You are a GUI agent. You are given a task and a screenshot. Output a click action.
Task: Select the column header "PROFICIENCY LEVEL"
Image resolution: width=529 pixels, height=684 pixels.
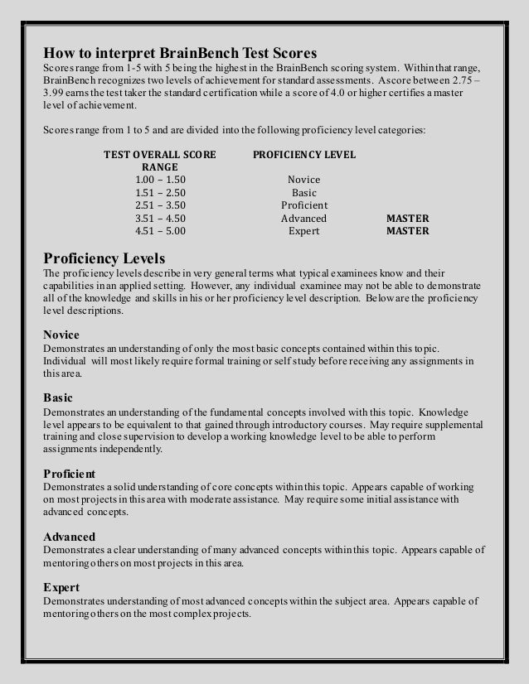tap(303, 155)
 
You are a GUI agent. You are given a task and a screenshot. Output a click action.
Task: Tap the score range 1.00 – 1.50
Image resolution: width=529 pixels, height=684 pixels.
tap(160, 180)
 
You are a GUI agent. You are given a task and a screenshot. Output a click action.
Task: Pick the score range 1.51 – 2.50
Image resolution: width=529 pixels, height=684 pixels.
tap(160, 193)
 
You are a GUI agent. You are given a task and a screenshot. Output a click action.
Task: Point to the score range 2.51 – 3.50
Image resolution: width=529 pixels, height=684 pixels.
tap(160, 206)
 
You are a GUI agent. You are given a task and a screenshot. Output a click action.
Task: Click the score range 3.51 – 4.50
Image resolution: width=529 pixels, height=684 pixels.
tap(160, 219)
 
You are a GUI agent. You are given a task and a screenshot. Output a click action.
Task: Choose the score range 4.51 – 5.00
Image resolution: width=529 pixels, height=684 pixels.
tap(160, 232)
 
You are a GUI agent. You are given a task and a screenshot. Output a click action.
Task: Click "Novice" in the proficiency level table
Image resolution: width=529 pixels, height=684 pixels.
tap(303, 180)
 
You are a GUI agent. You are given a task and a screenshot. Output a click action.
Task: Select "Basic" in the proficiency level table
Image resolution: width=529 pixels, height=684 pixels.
tap(303, 193)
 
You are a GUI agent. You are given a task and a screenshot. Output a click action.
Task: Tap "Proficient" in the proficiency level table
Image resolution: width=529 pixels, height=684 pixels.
tap(304, 206)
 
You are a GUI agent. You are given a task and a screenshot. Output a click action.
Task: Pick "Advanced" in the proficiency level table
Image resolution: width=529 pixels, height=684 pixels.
tap(303, 219)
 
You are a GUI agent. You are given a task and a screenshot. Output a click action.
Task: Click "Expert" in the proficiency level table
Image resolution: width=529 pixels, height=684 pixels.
tap(303, 232)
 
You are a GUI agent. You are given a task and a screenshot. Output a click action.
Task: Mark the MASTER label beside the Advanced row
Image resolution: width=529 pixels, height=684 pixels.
tap(408, 219)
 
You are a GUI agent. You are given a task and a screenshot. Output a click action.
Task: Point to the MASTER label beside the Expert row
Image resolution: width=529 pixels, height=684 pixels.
tap(408, 232)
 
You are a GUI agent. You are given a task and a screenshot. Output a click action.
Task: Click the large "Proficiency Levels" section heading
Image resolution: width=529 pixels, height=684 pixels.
tap(104, 258)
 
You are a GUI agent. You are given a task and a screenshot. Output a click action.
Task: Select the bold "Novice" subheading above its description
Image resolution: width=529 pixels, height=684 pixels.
tap(61, 335)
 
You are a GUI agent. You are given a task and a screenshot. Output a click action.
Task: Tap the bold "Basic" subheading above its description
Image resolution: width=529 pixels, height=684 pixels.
tap(57, 396)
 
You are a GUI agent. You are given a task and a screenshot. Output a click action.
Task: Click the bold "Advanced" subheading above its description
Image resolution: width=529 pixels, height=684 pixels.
tap(69, 537)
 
